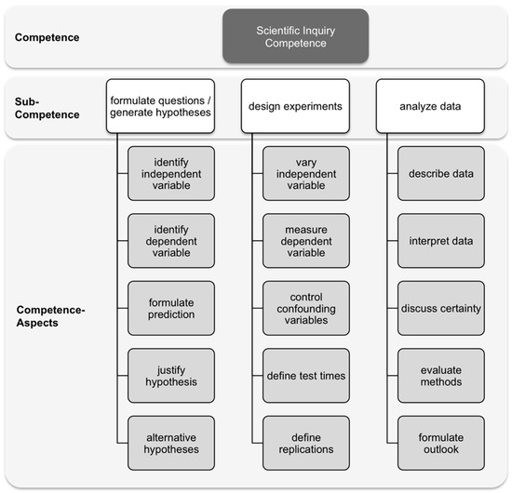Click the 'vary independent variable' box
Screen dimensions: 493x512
click(306, 173)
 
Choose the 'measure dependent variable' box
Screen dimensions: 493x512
click(306, 241)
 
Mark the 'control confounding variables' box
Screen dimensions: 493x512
click(306, 308)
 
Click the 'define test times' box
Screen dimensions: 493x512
click(306, 375)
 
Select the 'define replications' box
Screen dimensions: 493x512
click(306, 442)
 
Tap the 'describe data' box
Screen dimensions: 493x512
click(440, 173)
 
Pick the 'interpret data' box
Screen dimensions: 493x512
click(440, 241)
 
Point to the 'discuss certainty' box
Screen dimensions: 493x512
click(440, 308)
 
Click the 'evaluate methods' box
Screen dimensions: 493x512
click(440, 375)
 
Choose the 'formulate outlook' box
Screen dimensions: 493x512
click(440, 442)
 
